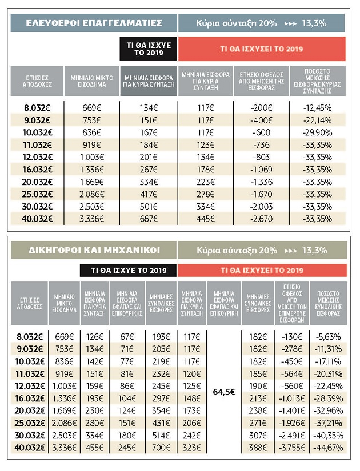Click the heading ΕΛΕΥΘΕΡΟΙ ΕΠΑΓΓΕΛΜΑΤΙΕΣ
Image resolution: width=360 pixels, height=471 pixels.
94,23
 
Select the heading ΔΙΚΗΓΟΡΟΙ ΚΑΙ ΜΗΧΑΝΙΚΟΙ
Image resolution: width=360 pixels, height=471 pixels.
94,250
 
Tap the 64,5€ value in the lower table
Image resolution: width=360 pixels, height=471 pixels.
224,392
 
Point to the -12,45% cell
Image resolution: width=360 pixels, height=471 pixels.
317,108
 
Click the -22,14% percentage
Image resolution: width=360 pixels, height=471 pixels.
317,120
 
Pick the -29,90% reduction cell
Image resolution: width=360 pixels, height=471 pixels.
317,132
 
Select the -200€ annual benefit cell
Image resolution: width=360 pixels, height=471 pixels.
261,108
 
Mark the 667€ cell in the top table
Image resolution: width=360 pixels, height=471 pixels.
149,219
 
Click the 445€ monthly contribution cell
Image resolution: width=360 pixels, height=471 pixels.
205,219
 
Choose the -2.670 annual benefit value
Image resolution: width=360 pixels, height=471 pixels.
261,219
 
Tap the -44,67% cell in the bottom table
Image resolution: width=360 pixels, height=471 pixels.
328,448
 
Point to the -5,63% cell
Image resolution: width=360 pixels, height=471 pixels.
328,337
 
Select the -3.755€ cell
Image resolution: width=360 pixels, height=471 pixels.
292,448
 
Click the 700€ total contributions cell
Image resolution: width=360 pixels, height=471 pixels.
161,448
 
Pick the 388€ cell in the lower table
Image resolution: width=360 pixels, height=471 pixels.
258,448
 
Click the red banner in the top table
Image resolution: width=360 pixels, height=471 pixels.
262,49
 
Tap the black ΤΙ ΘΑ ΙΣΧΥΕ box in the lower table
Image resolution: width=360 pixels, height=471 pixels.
129,271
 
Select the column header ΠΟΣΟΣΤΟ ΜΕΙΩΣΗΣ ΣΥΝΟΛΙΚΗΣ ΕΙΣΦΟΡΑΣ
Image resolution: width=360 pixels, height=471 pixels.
328,303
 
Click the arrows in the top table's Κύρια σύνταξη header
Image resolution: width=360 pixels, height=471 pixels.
290,23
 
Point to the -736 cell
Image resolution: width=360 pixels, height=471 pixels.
261,145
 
